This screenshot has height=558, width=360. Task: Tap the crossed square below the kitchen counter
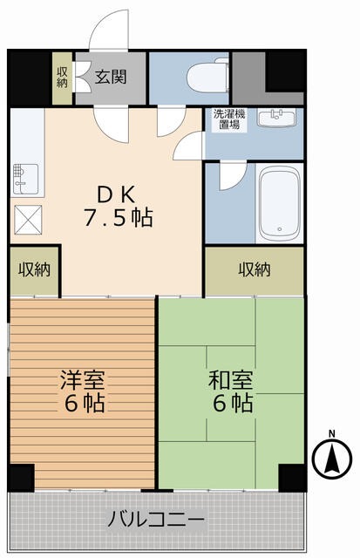[x=25, y=217]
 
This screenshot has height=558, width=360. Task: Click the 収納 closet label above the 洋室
[x=34, y=269]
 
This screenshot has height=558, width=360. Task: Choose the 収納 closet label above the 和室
[x=255, y=269]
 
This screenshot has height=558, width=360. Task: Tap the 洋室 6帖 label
[x=83, y=391]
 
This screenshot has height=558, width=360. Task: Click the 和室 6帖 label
[x=230, y=391]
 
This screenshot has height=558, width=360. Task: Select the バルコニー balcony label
[x=156, y=521]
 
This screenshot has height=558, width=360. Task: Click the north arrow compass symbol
[x=330, y=459]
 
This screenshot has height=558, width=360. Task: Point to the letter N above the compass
[x=331, y=433]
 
